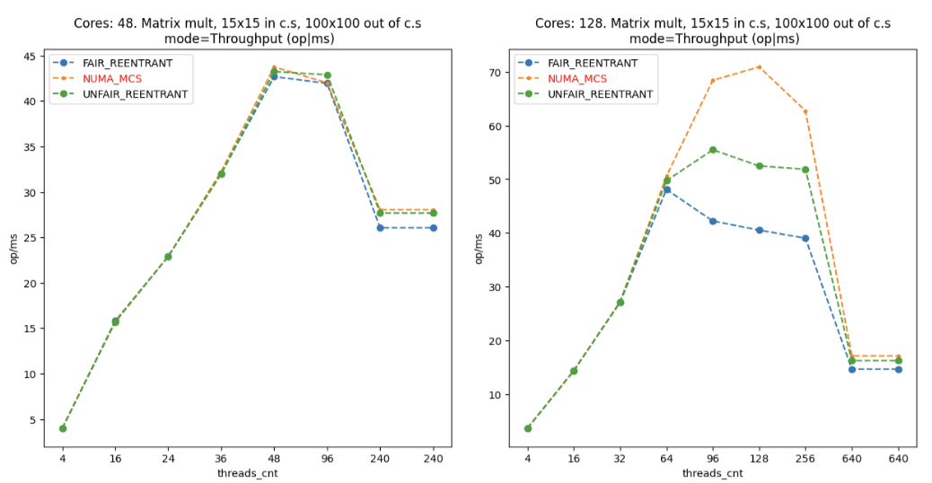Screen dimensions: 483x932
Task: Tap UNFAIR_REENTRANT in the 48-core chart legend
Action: click(x=121, y=94)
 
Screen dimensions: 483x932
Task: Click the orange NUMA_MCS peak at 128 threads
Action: click(x=759, y=66)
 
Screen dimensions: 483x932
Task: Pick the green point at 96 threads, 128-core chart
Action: click(x=713, y=150)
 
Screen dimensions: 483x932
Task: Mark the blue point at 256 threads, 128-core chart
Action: click(x=805, y=238)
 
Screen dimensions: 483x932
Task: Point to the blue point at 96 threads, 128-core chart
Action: click(x=713, y=221)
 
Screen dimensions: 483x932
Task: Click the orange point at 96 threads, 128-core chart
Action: click(x=713, y=81)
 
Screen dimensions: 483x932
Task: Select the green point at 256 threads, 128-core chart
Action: click(x=805, y=170)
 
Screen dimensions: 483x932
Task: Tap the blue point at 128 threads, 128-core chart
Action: click(x=759, y=230)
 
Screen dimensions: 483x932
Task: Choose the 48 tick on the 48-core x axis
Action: click(x=274, y=458)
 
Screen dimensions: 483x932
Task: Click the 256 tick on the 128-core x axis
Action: click(x=805, y=458)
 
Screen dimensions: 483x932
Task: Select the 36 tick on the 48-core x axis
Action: click(x=221, y=458)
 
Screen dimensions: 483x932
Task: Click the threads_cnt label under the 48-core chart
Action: click(x=247, y=473)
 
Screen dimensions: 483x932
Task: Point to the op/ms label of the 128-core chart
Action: click(x=478, y=249)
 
